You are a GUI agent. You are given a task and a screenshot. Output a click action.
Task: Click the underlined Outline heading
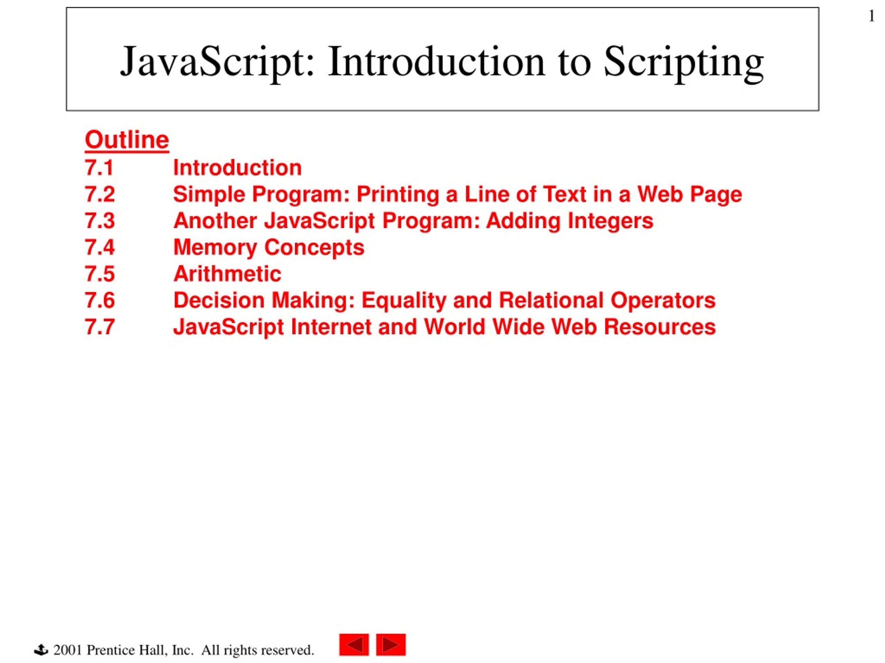point(127,140)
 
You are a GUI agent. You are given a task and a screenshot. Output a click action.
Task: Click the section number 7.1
point(99,167)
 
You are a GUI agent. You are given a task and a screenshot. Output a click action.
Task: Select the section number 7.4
point(100,247)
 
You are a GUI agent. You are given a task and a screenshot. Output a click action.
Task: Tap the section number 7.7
point(100,327)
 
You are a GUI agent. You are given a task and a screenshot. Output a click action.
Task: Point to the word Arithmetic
point(227,274)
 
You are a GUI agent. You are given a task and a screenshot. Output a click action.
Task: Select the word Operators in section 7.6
point(663,301)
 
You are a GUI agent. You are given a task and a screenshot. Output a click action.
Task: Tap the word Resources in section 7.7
point(660,327)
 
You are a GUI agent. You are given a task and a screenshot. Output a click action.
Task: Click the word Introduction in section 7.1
point(237,167)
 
